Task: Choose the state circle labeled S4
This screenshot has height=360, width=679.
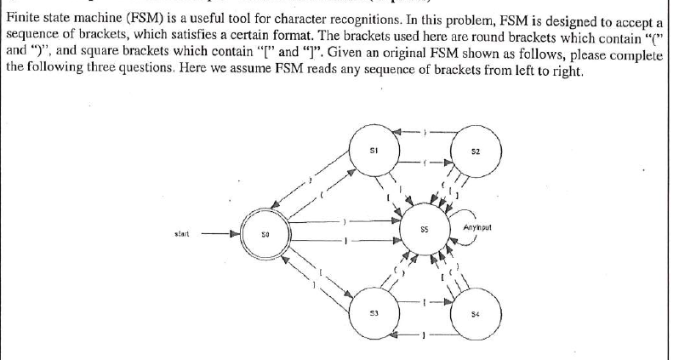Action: [476, 314]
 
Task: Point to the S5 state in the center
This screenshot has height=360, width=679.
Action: [424, 232]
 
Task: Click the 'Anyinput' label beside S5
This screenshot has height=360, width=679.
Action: [479, 229]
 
